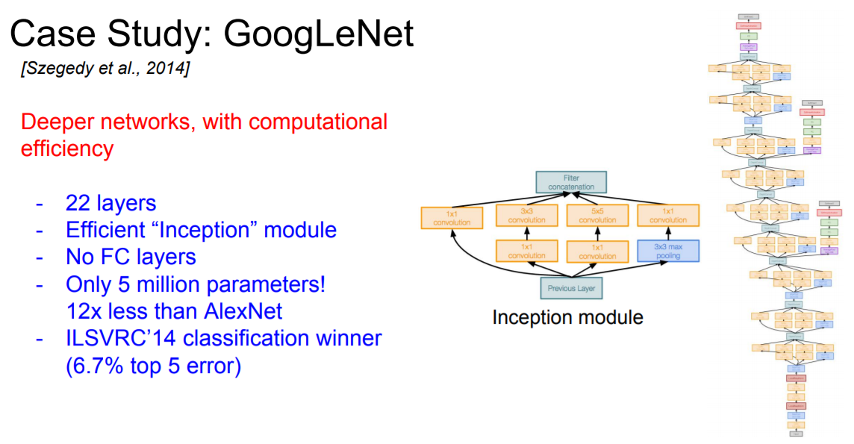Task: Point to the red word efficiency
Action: coord(66,148)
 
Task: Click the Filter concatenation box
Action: coord(571,182)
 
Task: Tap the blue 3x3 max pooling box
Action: coord(668,251)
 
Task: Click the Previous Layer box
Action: coord(570,288)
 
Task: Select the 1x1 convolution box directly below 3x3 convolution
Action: coord(526,251)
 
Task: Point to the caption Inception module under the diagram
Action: coord(567,317)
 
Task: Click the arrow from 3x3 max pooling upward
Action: coord(668,234)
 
